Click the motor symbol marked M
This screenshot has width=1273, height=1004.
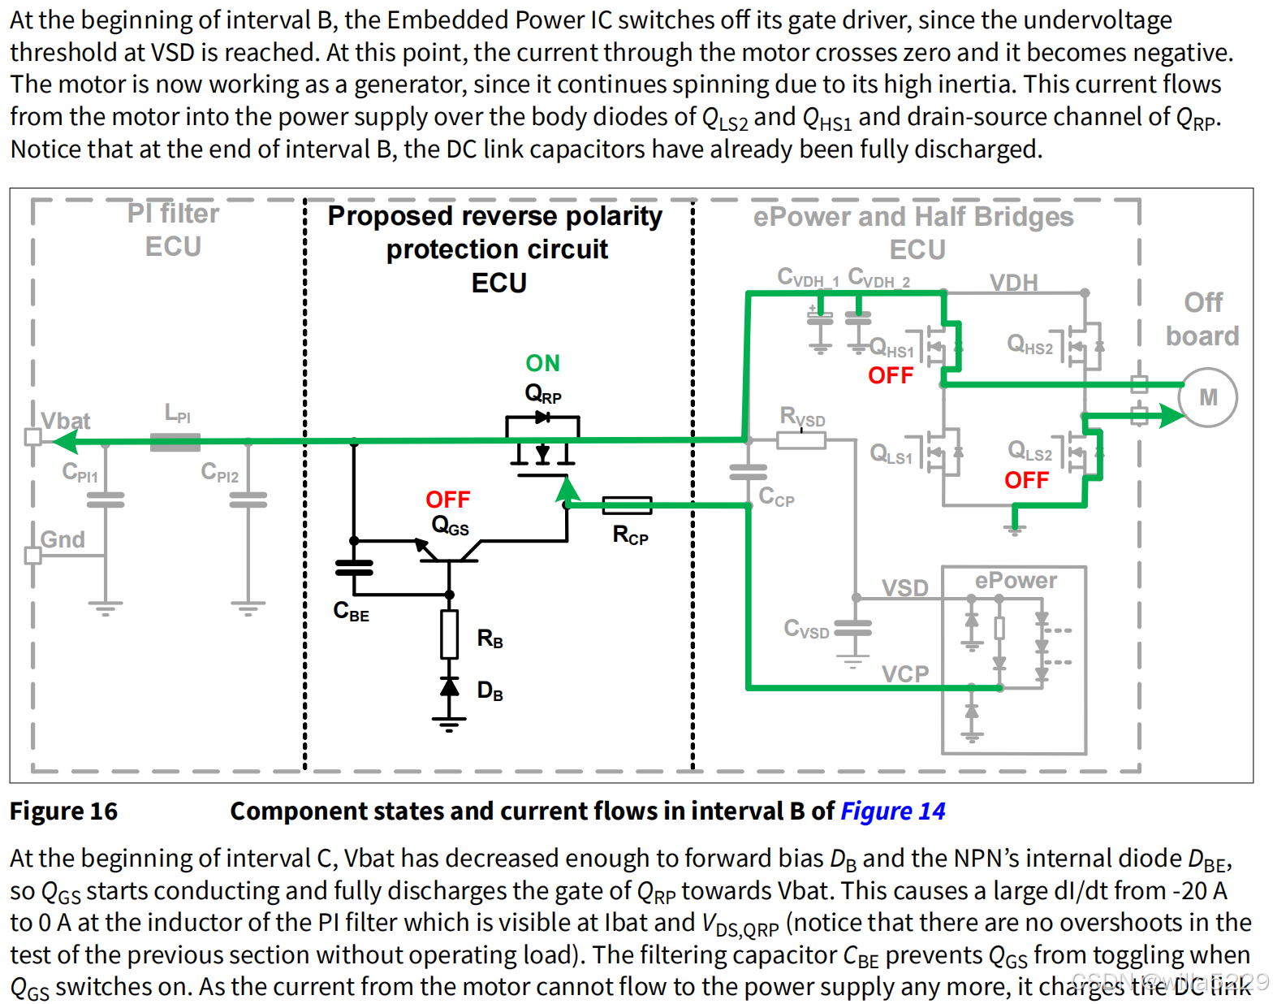tap(1208, 397)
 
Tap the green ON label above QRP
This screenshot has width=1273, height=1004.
tap(542, 363)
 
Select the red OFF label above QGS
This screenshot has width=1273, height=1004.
tap(447, 499)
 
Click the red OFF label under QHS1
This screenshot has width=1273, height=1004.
tap(891, 375)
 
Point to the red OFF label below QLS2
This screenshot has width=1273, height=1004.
tap(1026, 480)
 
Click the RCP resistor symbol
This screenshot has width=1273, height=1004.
tap(627, 505)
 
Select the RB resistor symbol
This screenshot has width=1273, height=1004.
tap(449, 634)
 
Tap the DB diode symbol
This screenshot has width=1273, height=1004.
tap(449, 687)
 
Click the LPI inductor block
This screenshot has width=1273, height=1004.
tap(175, 441)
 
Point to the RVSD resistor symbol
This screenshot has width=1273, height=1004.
tap(800, 440)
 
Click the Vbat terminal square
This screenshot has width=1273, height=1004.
tap(33, 437)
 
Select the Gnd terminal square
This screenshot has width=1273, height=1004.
tap(33, 556)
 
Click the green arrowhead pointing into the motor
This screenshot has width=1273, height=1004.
tap(1171, 416)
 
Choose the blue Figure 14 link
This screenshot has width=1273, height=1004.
tap(892, 811)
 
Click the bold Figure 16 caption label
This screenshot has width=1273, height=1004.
tap(63, 811)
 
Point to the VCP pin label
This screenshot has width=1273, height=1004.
tap(904, 673)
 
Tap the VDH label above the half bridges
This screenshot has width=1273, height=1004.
tap(1013, 283)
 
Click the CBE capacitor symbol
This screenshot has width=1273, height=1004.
tap(354, 567)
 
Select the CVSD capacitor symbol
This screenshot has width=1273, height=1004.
tap(852, 628)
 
